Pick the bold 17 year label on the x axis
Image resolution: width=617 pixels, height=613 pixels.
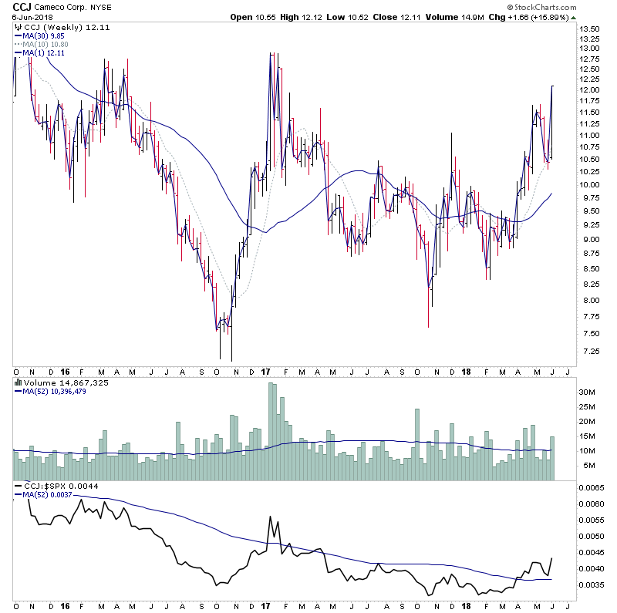[265, 372]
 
